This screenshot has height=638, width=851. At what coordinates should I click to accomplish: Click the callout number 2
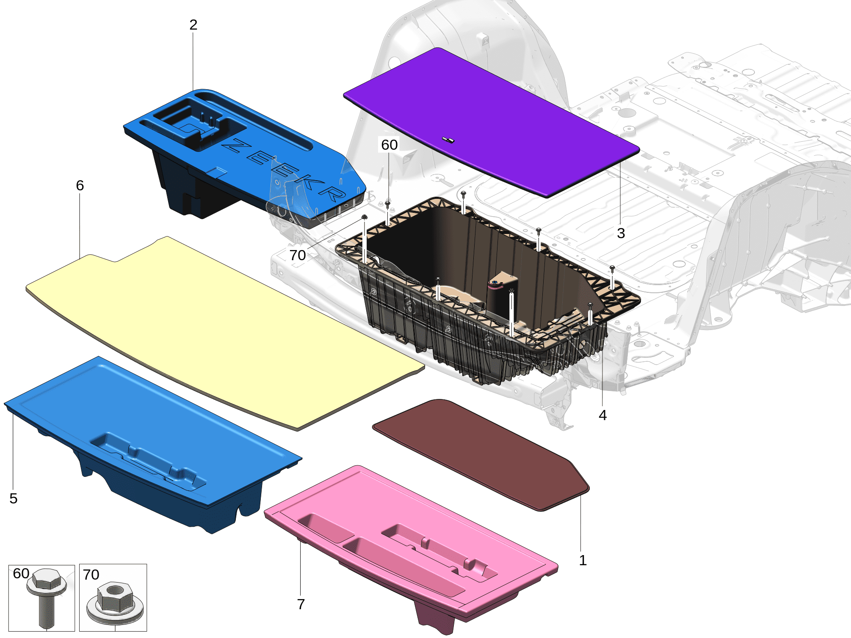pos(193,25)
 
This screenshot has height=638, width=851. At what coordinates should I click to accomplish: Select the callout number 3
pos(621,233)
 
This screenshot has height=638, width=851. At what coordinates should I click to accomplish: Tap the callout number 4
pos(602,415)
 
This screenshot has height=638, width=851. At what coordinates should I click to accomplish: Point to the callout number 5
pos(14,498)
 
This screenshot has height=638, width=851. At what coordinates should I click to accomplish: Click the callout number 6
pos(80,185)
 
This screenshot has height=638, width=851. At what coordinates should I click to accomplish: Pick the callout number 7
pos(301,604)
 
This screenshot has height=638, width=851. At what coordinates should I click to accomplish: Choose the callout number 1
pos(583,560)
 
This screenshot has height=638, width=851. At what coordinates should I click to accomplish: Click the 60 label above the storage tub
pos(390,145)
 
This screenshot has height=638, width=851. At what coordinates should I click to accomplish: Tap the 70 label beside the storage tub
pos(298,255)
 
